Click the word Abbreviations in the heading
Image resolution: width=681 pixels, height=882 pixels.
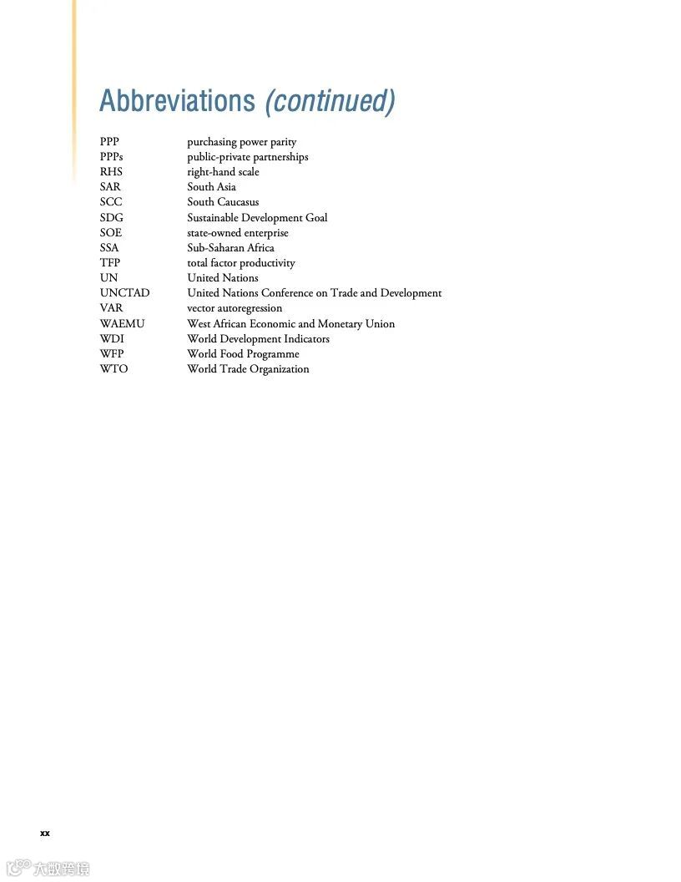[176, 101]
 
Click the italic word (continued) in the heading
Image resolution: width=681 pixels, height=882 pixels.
[330, 101]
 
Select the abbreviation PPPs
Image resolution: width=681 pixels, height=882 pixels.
[111, 157]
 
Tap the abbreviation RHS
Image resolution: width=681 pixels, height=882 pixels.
[111, 172]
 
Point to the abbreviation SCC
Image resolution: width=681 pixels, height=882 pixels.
[111, 202]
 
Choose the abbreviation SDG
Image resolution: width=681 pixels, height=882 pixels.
[111, 218]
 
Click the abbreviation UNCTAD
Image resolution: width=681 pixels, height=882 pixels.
[124, 293]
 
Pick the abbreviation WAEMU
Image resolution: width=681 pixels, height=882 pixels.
[122, 324]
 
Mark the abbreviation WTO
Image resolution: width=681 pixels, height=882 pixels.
[113, 369]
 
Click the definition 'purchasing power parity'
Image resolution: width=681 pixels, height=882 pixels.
[241, 142]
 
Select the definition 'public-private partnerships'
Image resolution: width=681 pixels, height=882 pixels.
[247, 157]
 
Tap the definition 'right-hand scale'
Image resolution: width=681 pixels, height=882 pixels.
[223, 172]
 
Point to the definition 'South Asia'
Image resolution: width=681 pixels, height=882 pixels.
[211, 187]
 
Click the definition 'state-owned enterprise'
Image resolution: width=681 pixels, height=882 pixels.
[237, 233]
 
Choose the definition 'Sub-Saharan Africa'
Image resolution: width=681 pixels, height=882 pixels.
[230, 248]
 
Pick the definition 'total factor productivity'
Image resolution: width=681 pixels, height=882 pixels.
[240, 263]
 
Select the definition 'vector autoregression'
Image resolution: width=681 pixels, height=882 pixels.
[235, 308]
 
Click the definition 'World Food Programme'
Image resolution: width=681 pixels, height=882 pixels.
[243, 354]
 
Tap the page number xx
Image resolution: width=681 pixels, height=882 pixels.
[45, 833]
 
